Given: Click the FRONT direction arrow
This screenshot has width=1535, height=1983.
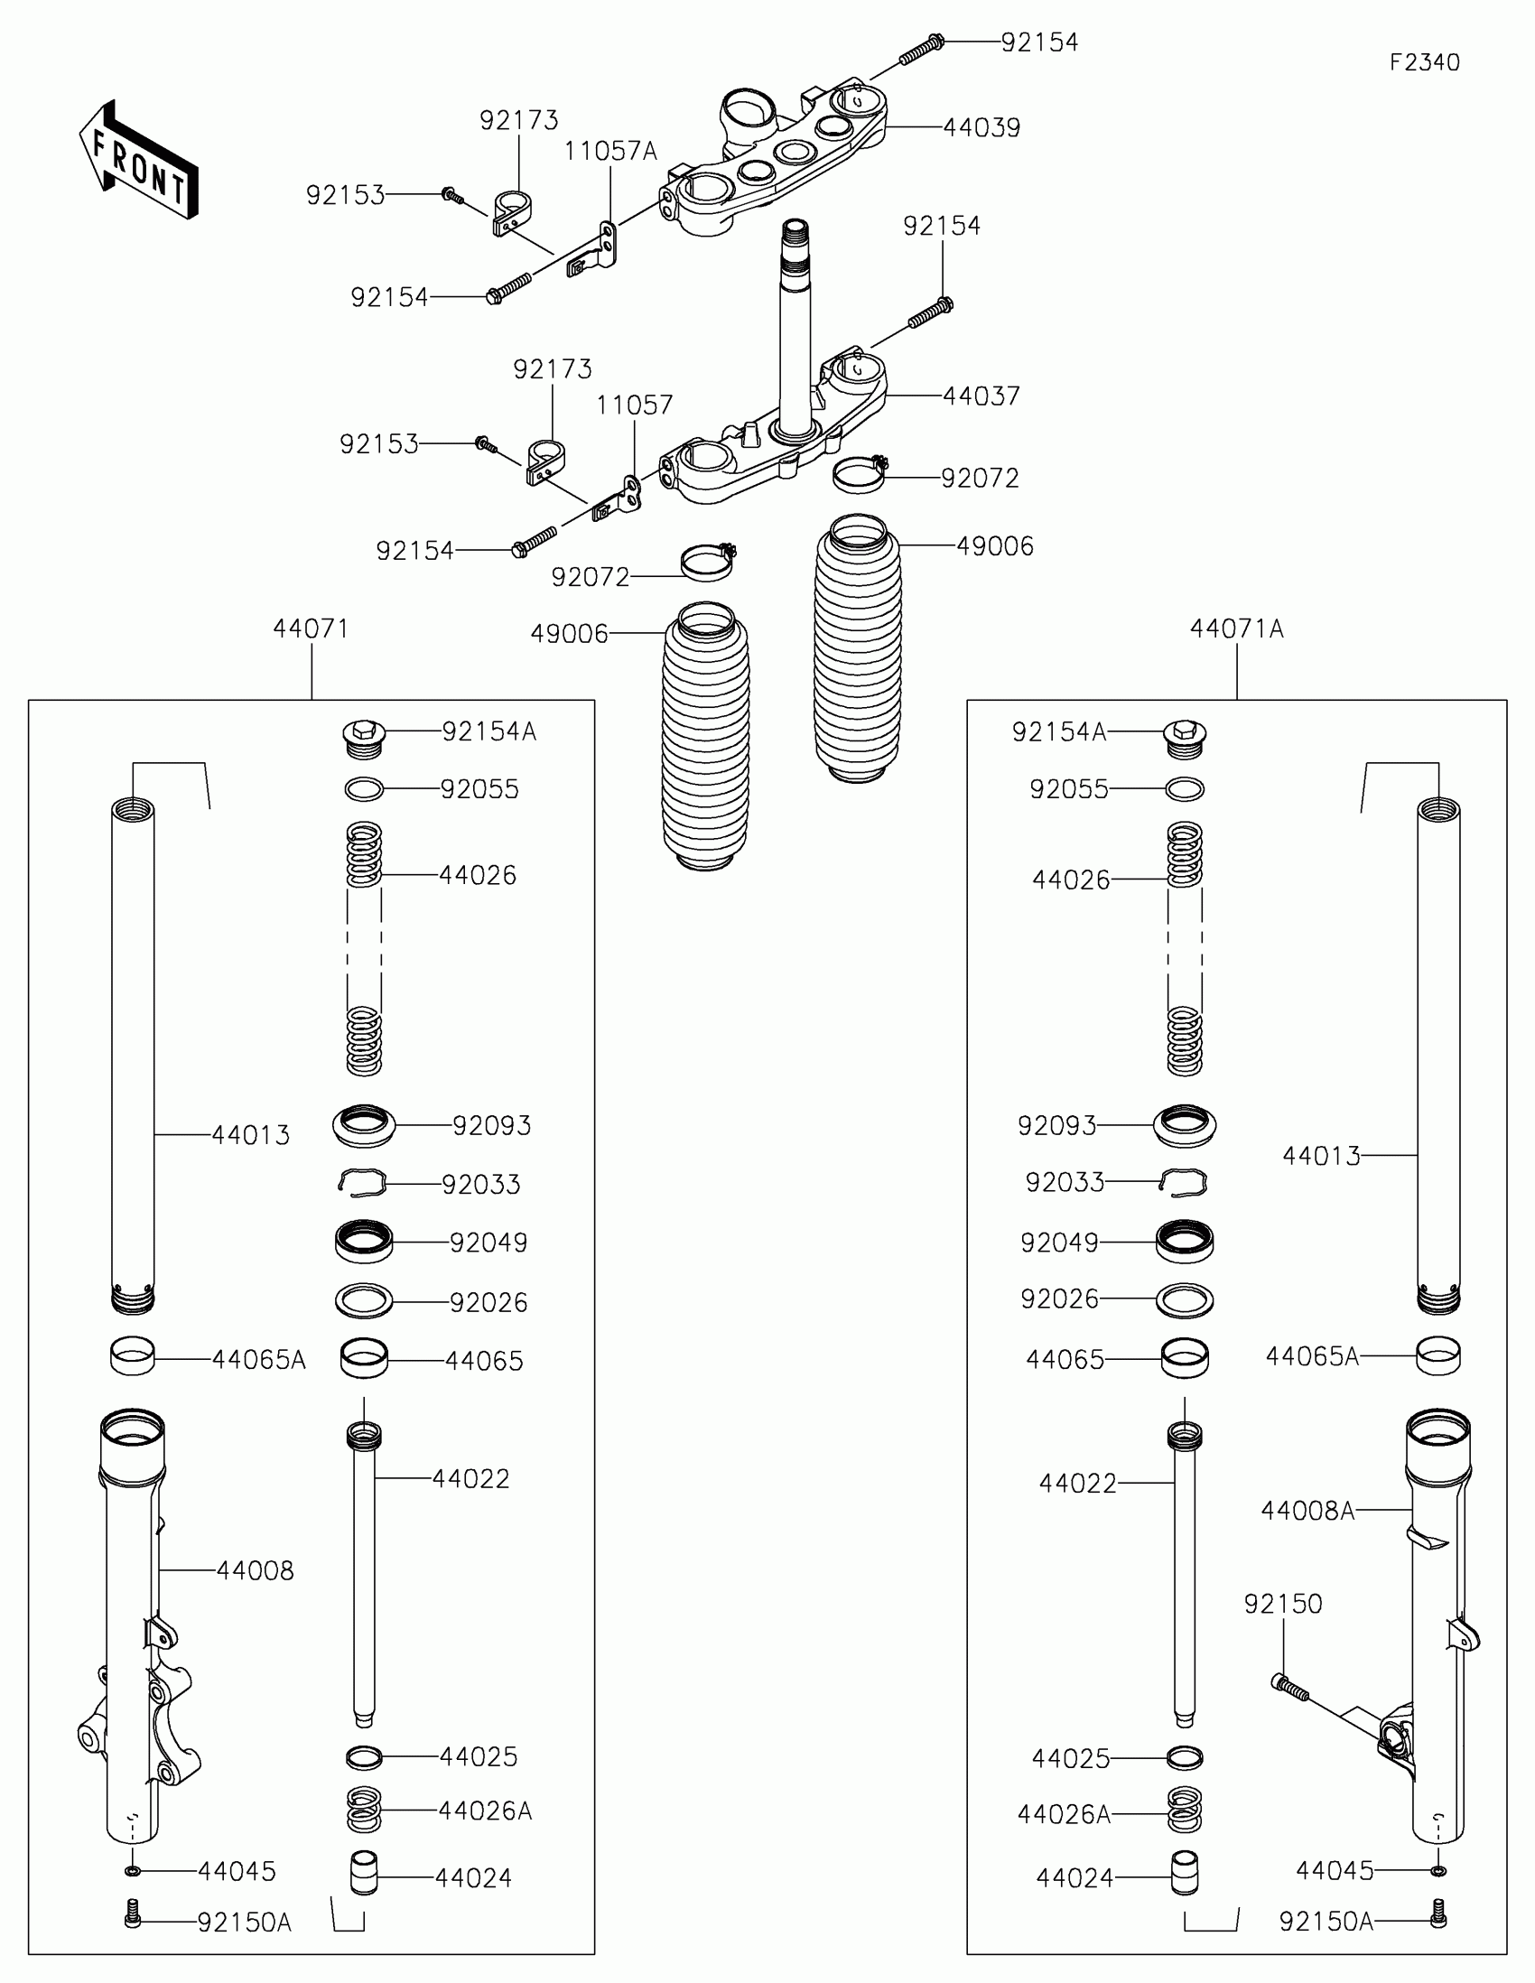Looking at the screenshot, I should click(138, 161).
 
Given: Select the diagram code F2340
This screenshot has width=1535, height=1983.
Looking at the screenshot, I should click(1424, 62).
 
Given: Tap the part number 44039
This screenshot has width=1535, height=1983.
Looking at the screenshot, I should click(981, 128).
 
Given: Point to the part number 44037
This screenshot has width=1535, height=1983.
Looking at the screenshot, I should click(981, 396).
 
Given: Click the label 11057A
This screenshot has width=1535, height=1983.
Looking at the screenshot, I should click(610, 151).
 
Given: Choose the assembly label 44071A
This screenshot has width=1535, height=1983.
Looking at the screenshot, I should click(1236, 628).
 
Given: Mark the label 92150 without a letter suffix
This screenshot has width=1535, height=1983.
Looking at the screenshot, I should click(1283, 1604).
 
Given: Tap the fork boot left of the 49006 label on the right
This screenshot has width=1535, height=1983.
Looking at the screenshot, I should click(858, 649).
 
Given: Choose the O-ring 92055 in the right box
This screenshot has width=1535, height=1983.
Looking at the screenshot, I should click(1185, 789).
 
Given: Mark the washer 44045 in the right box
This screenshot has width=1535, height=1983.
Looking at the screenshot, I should click(1437, 1870).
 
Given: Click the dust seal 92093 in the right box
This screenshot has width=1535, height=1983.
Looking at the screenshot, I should click(1185, 1125).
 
